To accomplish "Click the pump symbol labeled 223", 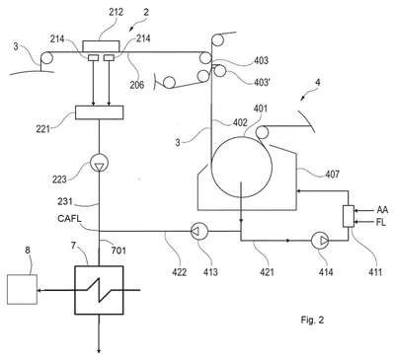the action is (99, 163).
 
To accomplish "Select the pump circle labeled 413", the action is (199, 231).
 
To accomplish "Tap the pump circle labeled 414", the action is (320, 241).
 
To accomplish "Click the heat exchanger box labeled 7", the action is (99, 290).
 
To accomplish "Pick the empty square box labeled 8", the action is (22, 290).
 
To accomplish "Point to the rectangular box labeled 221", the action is (100, 112).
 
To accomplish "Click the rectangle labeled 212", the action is (101, 46).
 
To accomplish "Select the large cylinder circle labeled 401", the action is (242, 167).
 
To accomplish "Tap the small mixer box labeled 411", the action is (349, 216).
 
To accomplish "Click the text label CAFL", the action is (69, 219).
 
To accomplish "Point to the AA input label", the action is (382, 210).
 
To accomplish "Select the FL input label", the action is (380, 222).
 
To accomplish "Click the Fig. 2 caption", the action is (312, 320).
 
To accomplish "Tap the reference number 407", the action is (332, 174).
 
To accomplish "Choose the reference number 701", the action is (118, 251).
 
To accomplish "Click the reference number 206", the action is (137, 85).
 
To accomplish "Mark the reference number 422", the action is (180, 272).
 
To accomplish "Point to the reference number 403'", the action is (262, 82).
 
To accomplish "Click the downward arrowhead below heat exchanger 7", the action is (99, 351).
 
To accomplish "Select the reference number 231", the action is (65, 201).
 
